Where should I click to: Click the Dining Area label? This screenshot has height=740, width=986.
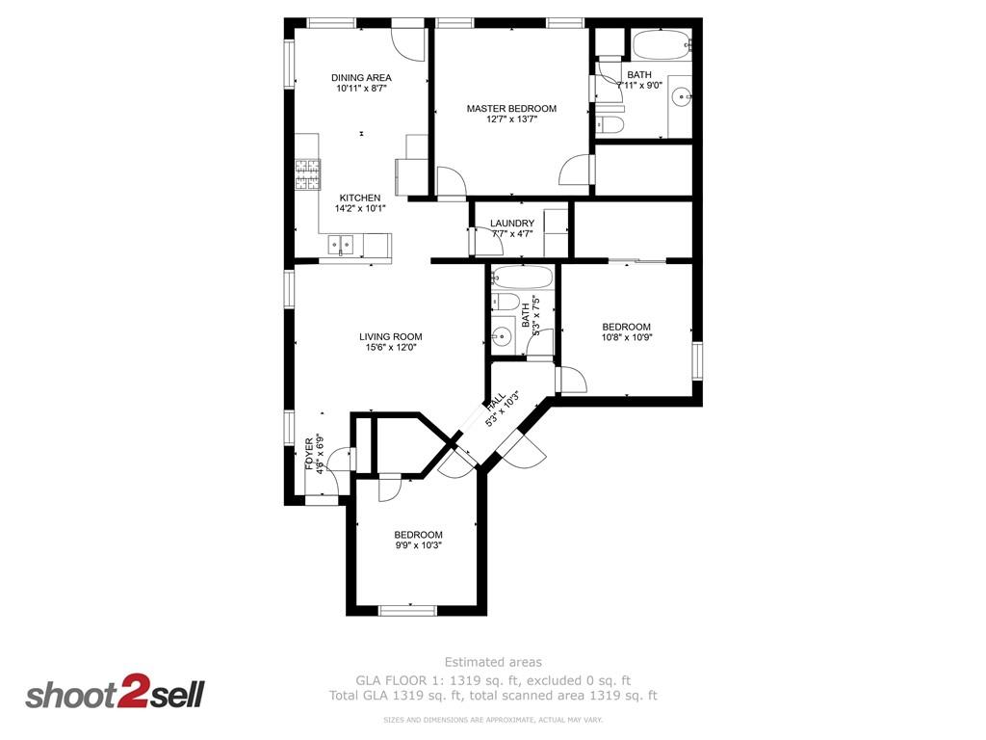361,78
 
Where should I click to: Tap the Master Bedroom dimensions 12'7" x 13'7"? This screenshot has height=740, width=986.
511,119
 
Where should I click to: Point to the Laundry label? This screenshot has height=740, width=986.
511,224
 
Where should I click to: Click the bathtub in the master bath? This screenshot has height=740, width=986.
661,43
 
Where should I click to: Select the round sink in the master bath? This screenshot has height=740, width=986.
681,95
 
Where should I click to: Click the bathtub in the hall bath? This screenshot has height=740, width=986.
523,278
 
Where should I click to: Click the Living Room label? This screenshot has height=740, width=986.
390,337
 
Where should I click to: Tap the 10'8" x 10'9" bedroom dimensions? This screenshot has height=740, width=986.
626,337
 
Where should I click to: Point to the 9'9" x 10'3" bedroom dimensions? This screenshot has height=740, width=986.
418,544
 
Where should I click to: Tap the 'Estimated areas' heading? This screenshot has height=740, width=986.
492,662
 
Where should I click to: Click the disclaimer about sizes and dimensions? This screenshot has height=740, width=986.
492,720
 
